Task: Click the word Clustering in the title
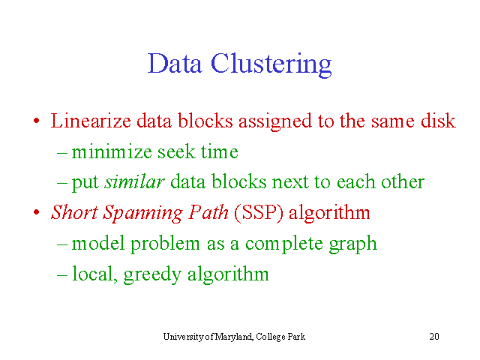coord(271,64)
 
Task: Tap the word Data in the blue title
coord(175,63)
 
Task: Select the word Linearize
coord(91,120)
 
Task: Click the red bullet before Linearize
coord(37,120)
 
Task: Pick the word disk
coord(438,120)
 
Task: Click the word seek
coord(176,151)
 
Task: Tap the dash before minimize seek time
coord(62,152)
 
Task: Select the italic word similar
coord(135,181)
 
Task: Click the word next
coord(290,182)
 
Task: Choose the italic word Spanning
coord(142,213)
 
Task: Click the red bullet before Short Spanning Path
coord(37,212)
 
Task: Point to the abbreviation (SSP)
coord(259,213)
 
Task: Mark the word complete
coord(283,244)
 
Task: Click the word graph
coord(353,244)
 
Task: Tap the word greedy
coord(152,275)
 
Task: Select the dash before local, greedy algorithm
coord(62,274)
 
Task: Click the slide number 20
coord(434,337)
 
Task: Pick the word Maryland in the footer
coord(234,337)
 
